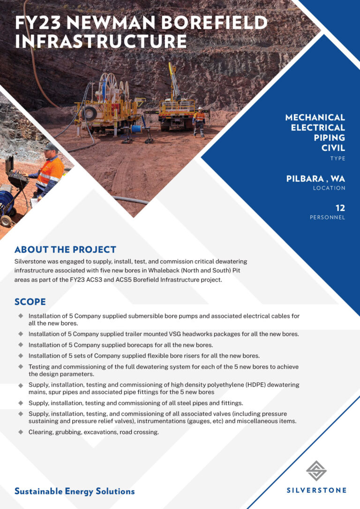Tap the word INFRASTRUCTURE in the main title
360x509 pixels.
pyautogui.click(x=101, y=41)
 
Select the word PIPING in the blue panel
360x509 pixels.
pyautogui.click(x=329, y=138)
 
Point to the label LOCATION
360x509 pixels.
pyautogui.click(x=329, y=188)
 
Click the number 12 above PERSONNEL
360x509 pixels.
pyautogui.click(x=340, y=208)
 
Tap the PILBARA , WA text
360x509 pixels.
pyautogui.click(x=315, y=179)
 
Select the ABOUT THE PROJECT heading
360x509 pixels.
pyautogui.click(x=65, y=249)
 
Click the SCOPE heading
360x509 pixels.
pyautogui.click(x=30, y=301)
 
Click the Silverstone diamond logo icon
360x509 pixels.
pyautogui.click(x=316, y=471)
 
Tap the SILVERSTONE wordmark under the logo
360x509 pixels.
pyautogui.click(x=316, y=490)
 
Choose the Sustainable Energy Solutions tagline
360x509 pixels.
pyautogui.click(x=75, y=491)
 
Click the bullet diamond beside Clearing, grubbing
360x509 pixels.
pyautogui.click(x=21, y=432)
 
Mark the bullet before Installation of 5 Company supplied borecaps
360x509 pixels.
pyautogui.click(x=21, y=344)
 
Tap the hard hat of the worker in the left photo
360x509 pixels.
pyautogui.click(x=51, y=147)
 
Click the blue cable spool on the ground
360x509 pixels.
pyautogui.click(x=136, y=128)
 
